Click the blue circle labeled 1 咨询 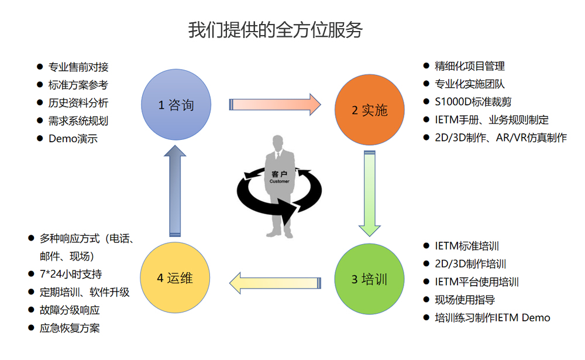point(176,105)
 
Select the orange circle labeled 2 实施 point(369,110)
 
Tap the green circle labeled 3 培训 point(369,279)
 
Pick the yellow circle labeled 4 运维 point(175,278)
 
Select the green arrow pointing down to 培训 point(369,193)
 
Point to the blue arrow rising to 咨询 point(175,190)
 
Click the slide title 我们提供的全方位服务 point(276,29)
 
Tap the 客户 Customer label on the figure point(279,177)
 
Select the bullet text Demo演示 point(73,139)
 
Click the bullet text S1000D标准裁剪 point(474,102)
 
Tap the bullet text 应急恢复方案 point(70,328)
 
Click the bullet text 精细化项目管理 point(470,66)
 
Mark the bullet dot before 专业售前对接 point(40,67)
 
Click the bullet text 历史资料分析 point(78,103)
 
